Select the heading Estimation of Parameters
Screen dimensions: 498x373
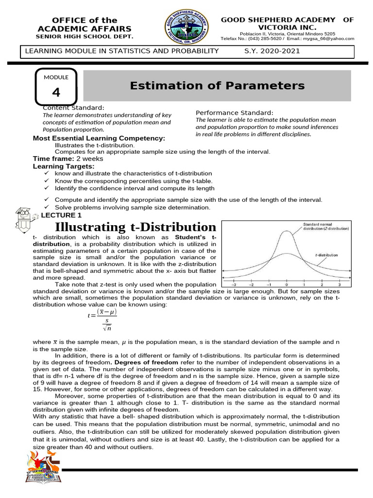coord(217,86)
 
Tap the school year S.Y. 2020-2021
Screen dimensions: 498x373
coord(272,51)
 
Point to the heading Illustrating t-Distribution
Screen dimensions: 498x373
coord(136,227)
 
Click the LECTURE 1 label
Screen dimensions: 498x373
coord(61,215)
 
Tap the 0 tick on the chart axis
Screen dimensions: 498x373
coord(287,285)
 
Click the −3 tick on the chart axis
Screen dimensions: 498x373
coord(235,285)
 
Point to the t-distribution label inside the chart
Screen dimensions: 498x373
coord(326,255)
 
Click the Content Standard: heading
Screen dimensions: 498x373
coord(73,107)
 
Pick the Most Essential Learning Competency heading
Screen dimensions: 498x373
coord(99,139)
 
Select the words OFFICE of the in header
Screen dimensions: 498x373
coord(85,20)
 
